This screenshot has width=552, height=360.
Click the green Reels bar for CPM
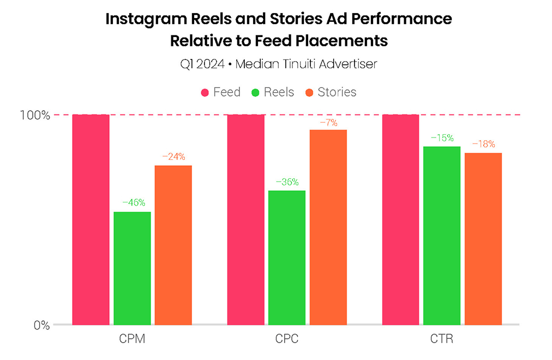tap(132, 268)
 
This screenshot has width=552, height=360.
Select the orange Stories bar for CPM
tap(173, 245)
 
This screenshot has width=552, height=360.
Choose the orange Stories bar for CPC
tap(328, 227)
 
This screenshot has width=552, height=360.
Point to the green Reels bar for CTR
tap(442, 235)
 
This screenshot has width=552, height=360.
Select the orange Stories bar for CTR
tap(483, 238)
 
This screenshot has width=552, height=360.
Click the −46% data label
tap(133, 202)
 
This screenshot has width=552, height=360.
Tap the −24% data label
tap(173, 157)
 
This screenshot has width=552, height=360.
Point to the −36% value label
tap(287, 182)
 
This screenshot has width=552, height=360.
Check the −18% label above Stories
tap(483, 144)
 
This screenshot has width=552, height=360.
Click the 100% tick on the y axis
tap(35, 115)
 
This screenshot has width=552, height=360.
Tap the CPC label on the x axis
tap(287, 340)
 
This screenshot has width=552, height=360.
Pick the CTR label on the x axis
tap(441, 340)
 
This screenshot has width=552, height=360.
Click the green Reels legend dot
tap(255, 92)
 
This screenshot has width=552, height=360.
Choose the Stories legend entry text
tap(337, 92)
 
